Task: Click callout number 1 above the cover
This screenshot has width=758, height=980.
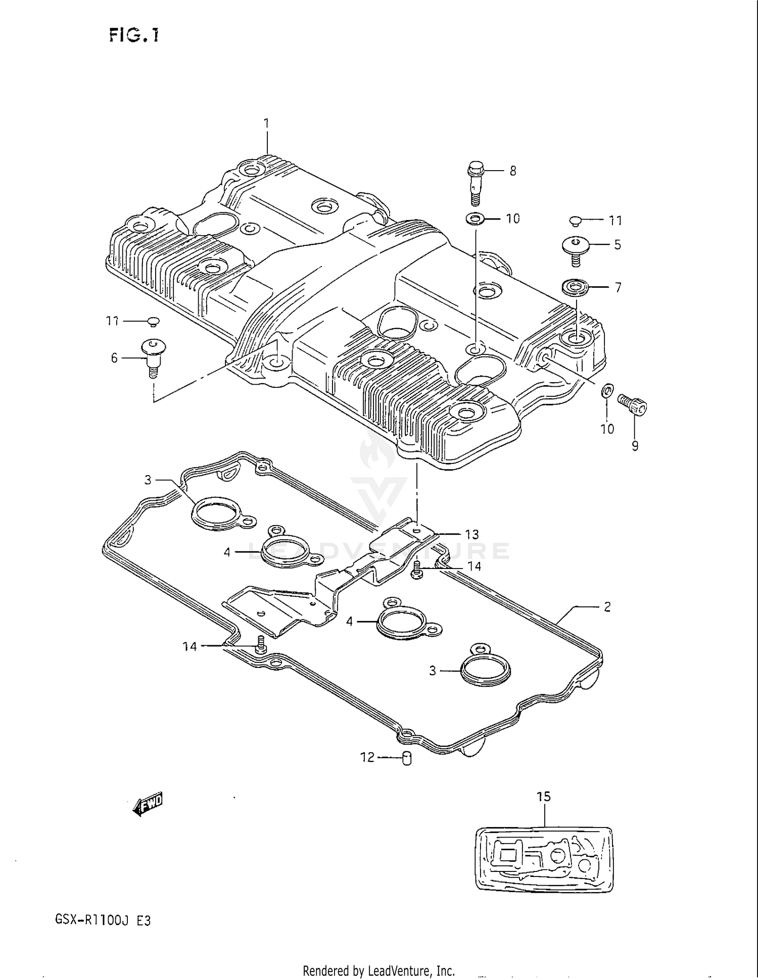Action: [x=266, y=123]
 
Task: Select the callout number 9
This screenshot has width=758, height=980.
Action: [x=635, y=446]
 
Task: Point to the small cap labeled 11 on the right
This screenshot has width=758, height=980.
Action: [x=575, y=221]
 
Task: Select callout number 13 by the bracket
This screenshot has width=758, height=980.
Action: [x=471, y=534]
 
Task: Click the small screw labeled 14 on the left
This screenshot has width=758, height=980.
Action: [x=260, y=645]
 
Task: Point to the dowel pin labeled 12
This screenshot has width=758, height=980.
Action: [x=407, y=758]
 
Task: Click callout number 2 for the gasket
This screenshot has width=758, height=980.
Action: [x=607, y=606]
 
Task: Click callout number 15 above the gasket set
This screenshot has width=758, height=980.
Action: [x=543, y=797]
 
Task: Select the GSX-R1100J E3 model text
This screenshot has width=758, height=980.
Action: [x=103, y=920]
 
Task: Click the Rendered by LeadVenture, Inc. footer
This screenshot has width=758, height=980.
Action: [x=378, y=970]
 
